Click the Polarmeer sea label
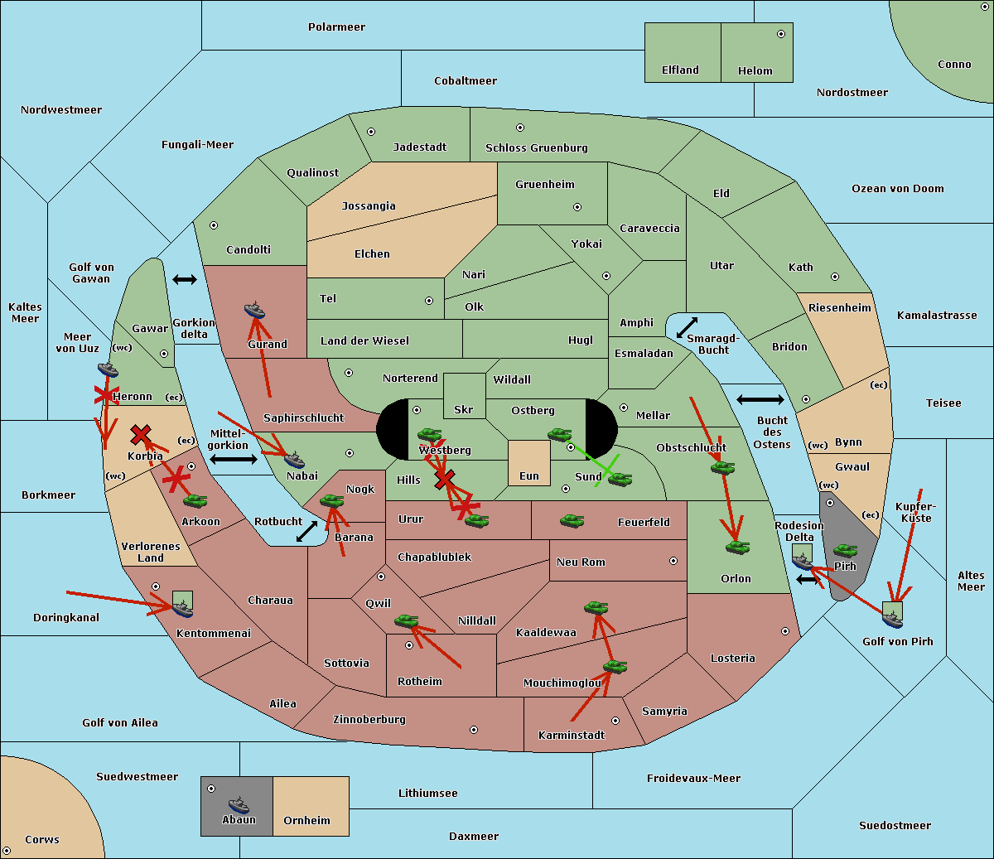(x=336, y=27)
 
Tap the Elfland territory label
(x=680, y=70)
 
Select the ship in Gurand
(x=255, y=311)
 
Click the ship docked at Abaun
(x=239, y=804)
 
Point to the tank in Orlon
(x=737, y=548)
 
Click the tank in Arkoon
(x=195, y=500)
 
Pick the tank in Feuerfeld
(x=572, y=521)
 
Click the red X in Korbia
(x=141, y=434)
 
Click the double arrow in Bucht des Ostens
(x=760, y=400)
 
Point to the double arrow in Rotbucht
(x=306, y=531)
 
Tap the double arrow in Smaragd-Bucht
(x=687, y=328)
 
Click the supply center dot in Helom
(x=780, y=34)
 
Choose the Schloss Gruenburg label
(x=536, y=148)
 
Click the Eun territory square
(x=528, y=463)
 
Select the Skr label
(x=463, y=409)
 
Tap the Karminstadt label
(x=572, y=736)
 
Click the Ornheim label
(x=306, y=821)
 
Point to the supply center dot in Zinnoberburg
(x=474, y=730)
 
